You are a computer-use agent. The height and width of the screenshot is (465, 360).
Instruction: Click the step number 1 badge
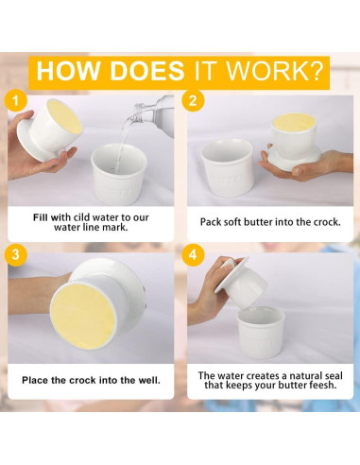pos(15,101)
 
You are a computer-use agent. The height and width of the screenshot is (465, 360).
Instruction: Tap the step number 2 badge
pos(193,100)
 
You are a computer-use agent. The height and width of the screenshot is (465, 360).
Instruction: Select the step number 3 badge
pos(15,254)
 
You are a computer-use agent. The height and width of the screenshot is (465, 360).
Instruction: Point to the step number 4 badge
pos(193,254)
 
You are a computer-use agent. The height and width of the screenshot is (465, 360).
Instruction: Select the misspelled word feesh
pos(321,385)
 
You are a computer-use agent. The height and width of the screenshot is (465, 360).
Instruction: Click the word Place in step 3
pos(35,380)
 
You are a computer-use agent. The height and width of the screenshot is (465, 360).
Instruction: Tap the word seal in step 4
pos(332,375)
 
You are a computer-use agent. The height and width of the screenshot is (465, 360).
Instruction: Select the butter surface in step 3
pos(82,315)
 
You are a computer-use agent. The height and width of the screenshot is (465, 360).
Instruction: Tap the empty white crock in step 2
pos(227,168)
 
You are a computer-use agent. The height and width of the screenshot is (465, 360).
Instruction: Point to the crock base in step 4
pos(261,336)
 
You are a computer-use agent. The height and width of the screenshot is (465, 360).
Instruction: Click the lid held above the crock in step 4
pos(241,282)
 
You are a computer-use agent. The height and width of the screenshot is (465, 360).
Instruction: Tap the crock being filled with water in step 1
pos(119,174)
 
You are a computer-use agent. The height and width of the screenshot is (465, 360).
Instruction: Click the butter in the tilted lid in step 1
pos(64,116)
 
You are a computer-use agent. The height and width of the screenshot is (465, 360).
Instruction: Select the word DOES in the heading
pos(146,71)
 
